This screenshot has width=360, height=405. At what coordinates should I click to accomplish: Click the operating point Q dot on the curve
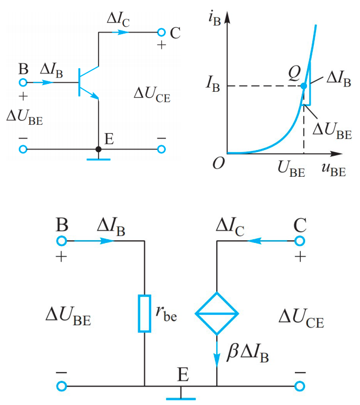coord(304,86)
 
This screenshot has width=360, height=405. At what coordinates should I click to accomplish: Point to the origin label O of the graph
coord(218,164)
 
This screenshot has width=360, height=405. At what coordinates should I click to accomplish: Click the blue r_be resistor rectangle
coord(144,313)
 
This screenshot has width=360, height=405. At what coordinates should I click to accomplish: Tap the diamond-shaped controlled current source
coord(217,313)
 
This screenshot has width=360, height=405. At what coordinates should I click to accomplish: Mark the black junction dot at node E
coord(98,150)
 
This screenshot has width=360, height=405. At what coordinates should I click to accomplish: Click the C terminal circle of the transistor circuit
coord(162,33)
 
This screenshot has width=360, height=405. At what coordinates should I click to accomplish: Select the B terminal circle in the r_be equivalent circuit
coord(62,241)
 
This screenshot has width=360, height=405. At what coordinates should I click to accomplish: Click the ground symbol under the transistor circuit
coord(98,158)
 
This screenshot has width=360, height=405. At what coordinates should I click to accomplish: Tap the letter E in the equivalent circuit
coord(183,374)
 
